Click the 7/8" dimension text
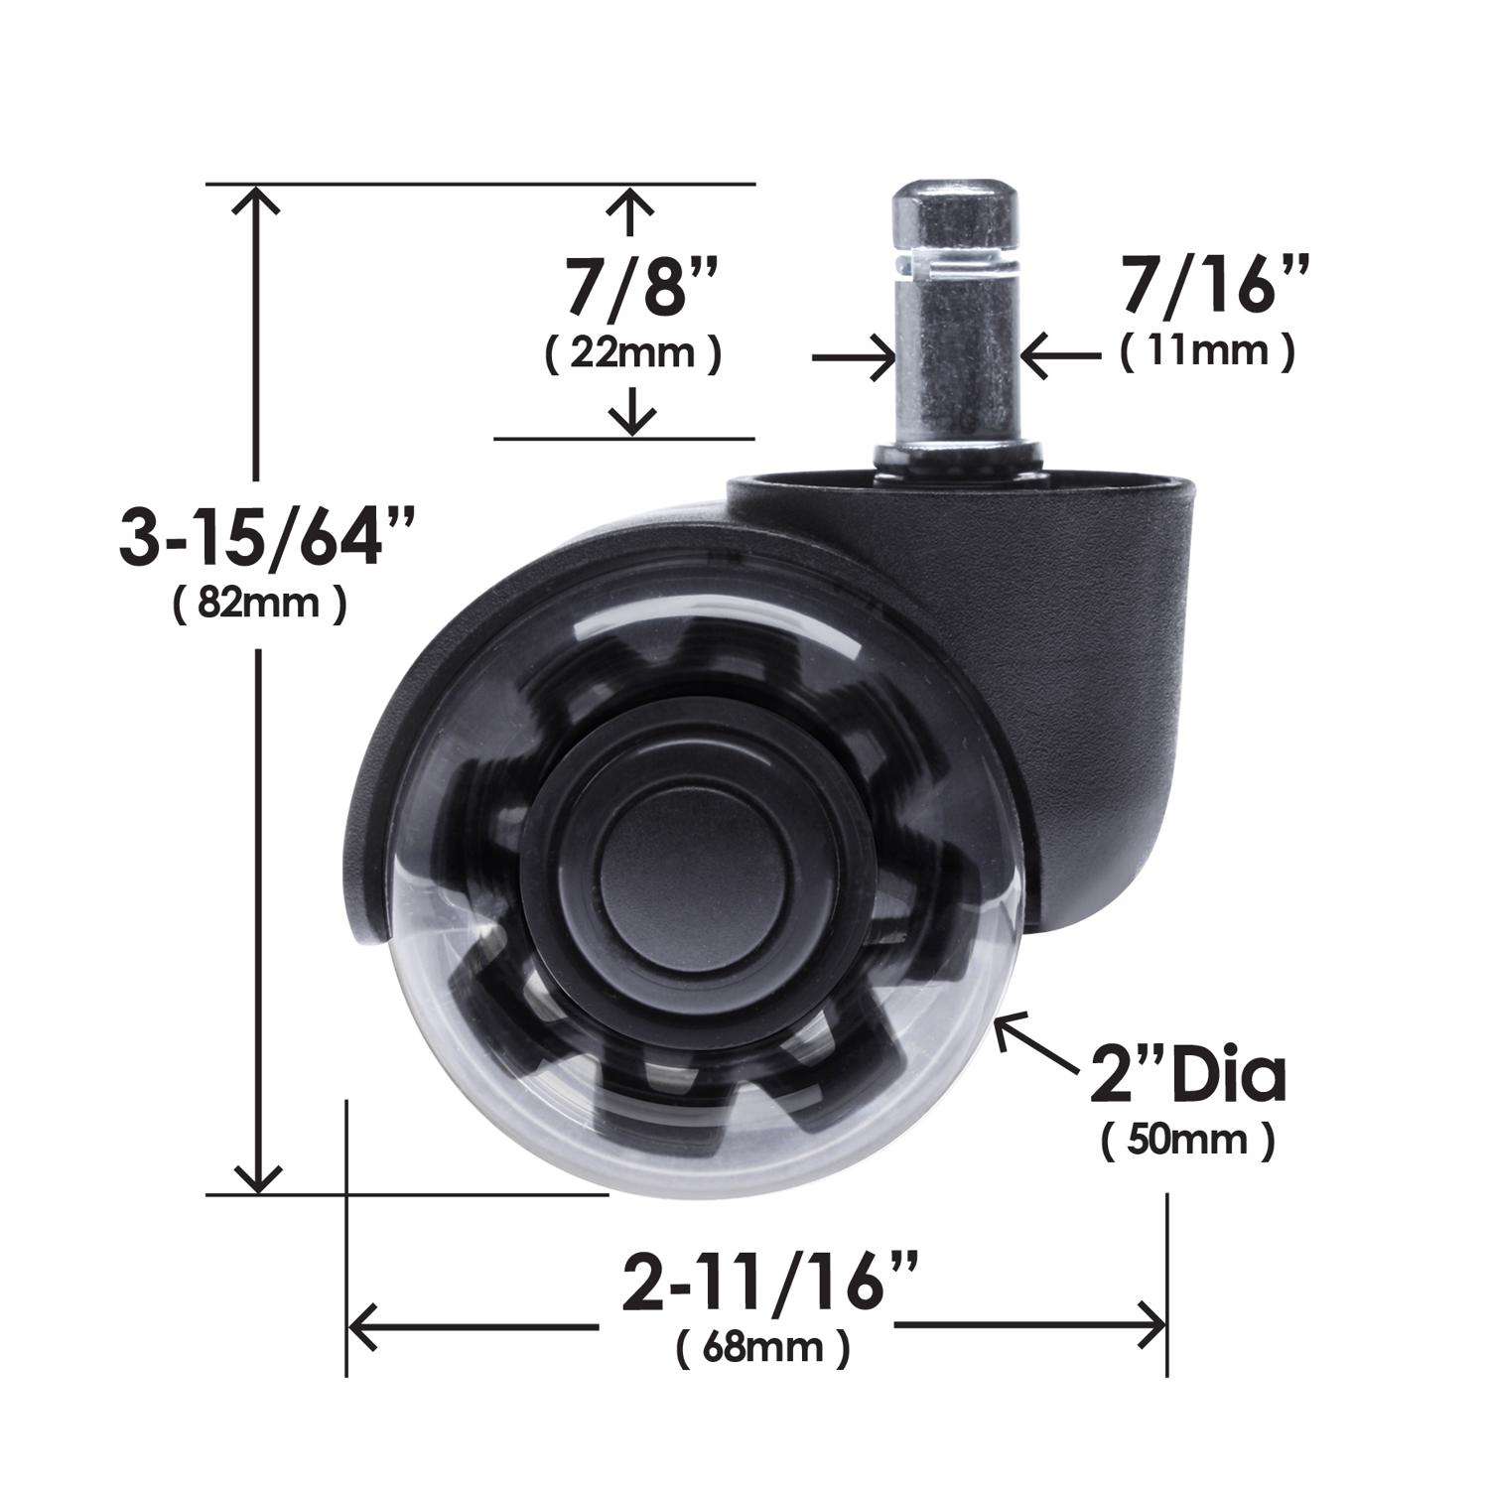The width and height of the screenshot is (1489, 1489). coord(633,289)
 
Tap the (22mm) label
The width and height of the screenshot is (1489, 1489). coord(633,354)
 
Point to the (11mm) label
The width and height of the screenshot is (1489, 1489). coord(1207,352)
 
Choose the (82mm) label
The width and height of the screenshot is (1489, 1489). coord(259,604)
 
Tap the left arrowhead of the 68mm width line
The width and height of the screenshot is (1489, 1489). coord(365,1327)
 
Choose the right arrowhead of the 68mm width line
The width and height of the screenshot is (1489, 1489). coord(1151,1327)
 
